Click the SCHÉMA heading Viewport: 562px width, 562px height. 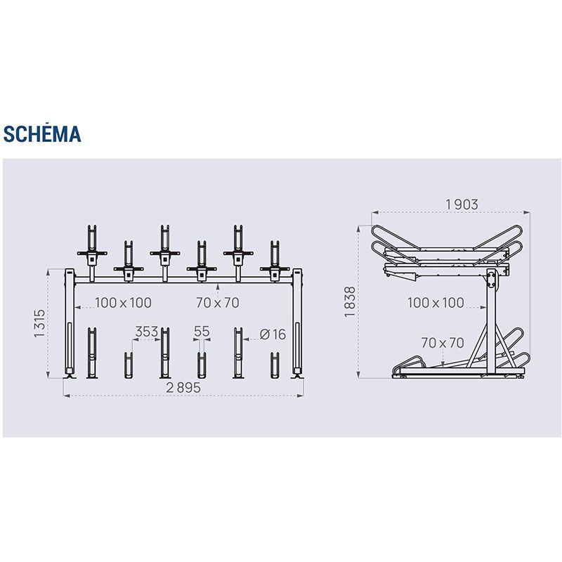pyautogui.click(x=42, y=134)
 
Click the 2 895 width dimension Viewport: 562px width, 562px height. pyautogui.click(x=183, y=388)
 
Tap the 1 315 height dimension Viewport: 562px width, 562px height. pyautogui.click(x=39, y=323)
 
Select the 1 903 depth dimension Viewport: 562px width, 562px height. pyautogui.click(x=462, y=204)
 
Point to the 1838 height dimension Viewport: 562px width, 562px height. pyautogui.click(x=349, y=301)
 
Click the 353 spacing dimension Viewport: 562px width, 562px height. pyautogui.click(x=147, y=332)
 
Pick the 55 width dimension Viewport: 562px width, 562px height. pyautogui.click(x=202, y=332)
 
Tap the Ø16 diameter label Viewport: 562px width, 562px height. pyautogui.click(x=273, y=335)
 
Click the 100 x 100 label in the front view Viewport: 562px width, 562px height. pyautogui.click(x=124, y=303)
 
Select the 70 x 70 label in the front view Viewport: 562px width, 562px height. pyautogui.click(x=218, y=303)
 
